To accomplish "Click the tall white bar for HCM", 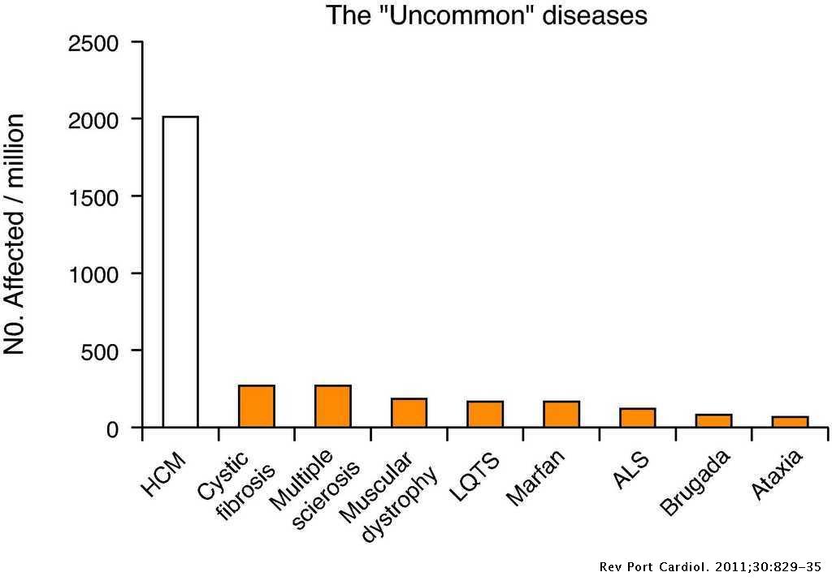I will pyautogui.click(x=180, y=272).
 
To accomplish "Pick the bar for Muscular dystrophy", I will pyautogui.click(x=409, y=413).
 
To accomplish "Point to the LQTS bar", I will pyautogui.click(x=485, y=415).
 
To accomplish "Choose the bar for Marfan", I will pyautogui.click(x=561, y=415).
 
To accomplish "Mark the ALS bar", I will pyautogui.click(x=637, y=418).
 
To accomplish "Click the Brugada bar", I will pyautogui.click(x=713, y=421).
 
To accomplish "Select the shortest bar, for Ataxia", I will pyautogui.click(x=790, y=422).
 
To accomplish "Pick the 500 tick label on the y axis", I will pyautogui.click(x=99, y=351).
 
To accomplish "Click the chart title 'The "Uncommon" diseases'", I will pyautogui.click(x=487, y=15).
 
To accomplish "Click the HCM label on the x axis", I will pyautogui.click(x=165, y=475).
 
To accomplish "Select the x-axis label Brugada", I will pyautogui.click(x=695, y=484).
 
